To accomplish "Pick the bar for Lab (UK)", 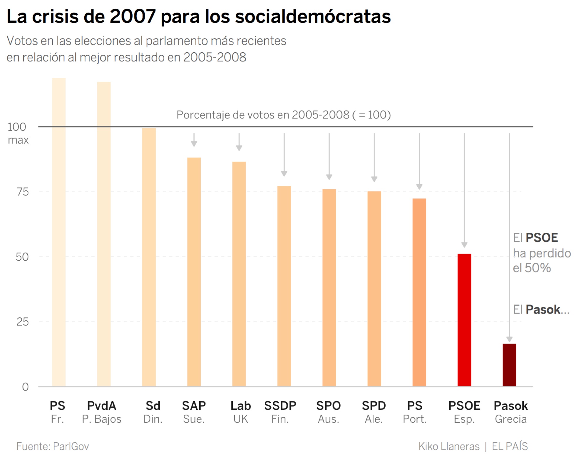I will (239, 273).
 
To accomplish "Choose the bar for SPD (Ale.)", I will (374, 288).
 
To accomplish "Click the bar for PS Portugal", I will (419, 292).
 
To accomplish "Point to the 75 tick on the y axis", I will (23, 192).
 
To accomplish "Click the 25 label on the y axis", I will (23, 322).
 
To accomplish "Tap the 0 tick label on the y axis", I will (25, 387).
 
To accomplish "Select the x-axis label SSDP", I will (280, 406).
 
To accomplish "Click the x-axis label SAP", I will (194, 406).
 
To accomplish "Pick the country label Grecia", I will (510, 419).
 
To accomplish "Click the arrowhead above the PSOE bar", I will (464, 245).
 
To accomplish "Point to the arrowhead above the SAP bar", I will (194, 143).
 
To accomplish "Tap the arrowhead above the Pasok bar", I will (509, 339).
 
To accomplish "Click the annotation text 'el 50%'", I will (532, 268).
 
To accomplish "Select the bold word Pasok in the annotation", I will (542, 309).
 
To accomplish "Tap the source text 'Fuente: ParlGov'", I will (52, 446).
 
